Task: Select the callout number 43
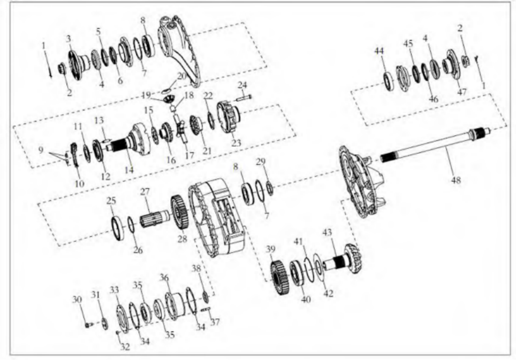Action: pos(327,233)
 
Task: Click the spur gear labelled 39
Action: pos(279,278)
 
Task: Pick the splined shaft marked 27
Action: pos(155,219)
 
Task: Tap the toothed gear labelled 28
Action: pos(179,212)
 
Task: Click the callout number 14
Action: pos(129,170)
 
